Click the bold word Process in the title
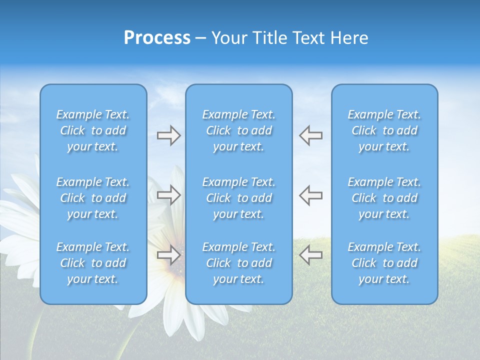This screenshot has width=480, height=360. (x=157, y=38)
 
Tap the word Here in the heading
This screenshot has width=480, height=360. (x=349, y=38)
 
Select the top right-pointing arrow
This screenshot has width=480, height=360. (x=168, y=135)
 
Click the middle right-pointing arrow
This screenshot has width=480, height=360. (x=168, y=195)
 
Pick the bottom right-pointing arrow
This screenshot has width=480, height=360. (x=168, y=255)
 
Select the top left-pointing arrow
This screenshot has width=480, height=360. (x=310, y=135)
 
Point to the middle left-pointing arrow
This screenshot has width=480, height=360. (x=310, y=195)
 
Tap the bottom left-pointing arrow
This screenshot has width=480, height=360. (x=310, y=255)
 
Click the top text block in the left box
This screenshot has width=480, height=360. (x=93, y=130)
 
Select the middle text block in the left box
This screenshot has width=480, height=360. (x=93, y=198)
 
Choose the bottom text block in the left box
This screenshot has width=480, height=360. (x=93, y=263)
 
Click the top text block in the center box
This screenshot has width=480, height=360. (x=239, y=130)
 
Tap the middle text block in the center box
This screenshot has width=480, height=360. (x=239, y=198)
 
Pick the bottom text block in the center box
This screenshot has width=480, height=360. (x=239, y=263)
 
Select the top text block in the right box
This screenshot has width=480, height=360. (x=384, y=130)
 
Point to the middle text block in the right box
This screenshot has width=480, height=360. (x=384, y=198)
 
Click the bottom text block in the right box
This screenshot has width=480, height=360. (x=384, y=263)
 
